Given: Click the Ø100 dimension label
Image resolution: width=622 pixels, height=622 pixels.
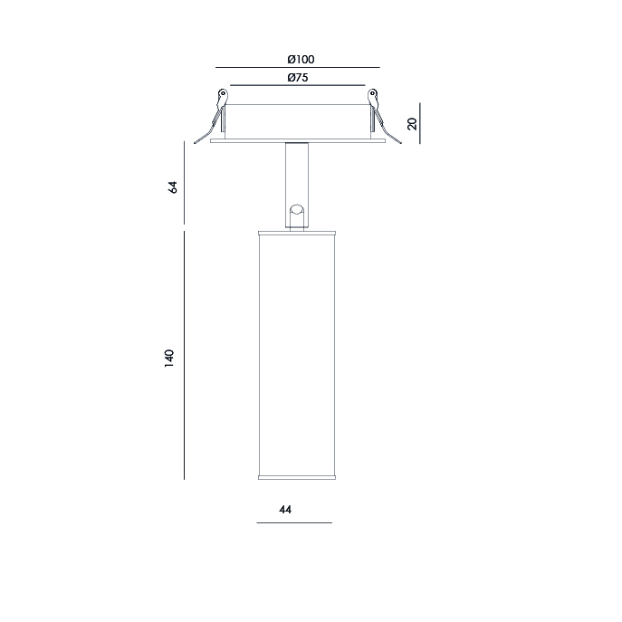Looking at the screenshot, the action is pyautogui.click(x=301, y=60).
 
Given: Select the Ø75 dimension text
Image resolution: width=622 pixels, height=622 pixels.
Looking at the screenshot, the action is pyautogui.click(x=298, y=77).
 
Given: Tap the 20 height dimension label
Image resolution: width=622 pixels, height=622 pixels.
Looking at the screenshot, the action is pyautogui.click(x=412, y=124).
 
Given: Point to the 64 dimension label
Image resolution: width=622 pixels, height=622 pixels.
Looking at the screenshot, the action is pyautogui.click(x=173, y=187).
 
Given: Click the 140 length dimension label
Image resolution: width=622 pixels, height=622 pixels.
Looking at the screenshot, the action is pyautogui.click(x=169, y=359).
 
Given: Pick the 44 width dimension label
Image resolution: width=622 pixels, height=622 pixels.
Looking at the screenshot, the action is pyautogui.click(x=285, y=510).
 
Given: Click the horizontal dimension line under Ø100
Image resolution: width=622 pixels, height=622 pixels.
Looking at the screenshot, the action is pyautogui.click(x=298, y=67).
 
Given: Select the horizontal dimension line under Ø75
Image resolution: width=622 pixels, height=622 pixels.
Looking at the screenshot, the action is pyautogui.click(x=298, y=85).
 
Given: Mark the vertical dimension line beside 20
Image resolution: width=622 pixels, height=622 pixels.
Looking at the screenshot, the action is pyautogui.click(x=420, y=123).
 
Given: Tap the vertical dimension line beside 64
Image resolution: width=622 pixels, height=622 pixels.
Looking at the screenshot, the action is pyautogui.click(x=184, y=183).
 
